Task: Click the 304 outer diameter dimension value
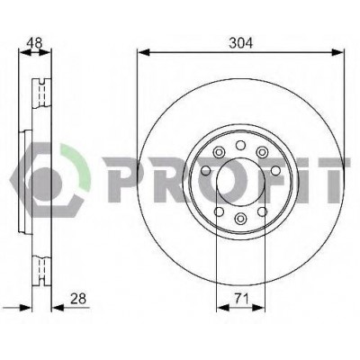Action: pos(240,43)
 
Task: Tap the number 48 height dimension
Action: pos(34,43)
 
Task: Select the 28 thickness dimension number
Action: pos(78,299)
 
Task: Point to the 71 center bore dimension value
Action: pos(241,299)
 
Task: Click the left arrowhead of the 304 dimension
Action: pos(143,52)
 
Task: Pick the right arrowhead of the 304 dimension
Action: pos(337,52)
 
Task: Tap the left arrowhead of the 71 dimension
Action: pos(222,308)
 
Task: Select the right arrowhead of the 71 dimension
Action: pos(259,308)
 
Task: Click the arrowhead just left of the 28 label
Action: pos(58,308)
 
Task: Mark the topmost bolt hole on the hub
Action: pos(240,146)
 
